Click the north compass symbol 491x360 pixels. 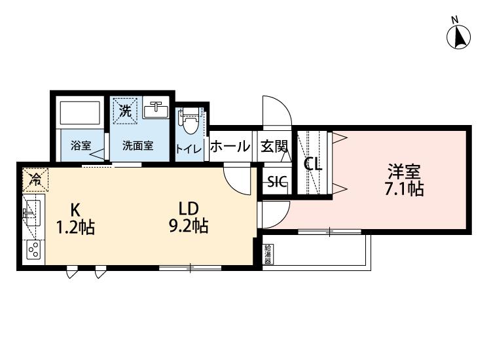tap(458, 34)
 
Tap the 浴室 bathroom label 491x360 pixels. tap(81, 145)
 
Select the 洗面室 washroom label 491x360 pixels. tap(137, 145)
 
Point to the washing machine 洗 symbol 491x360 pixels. tap(125, 111)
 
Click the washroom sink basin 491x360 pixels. tap(156, 110)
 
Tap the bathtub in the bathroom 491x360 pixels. tap(81, 113)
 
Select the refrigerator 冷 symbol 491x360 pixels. tap(35, 180)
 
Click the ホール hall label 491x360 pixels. tap(230, 146)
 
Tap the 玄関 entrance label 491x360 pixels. tap(274, 145)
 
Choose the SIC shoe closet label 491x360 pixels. tap(277, 181)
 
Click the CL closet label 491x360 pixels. tap(314, 164)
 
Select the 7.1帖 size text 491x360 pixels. tap(405, 189)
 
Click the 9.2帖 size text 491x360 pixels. tap(189, 226)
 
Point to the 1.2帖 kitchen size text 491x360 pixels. tap(75, 227)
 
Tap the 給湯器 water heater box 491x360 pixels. tap(268, 254)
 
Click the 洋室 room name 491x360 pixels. tap(404, 171)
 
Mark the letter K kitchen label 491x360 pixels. tap(75, 209)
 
